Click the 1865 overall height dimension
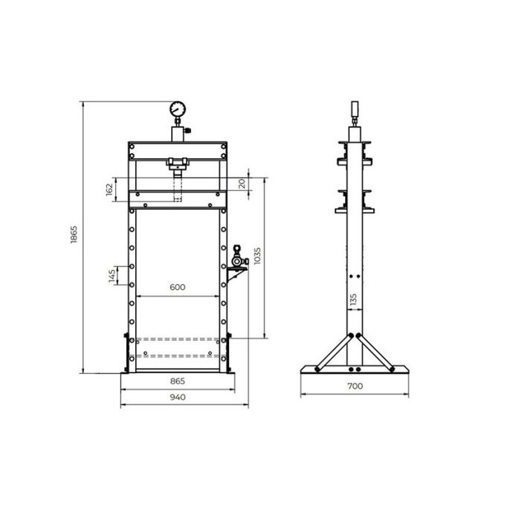[74, 234]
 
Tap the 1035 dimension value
[257, 256]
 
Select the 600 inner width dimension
[178, 287]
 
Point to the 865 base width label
[178, 381]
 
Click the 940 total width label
[178, 397]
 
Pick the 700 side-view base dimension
[355, 386]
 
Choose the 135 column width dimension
[353, 300]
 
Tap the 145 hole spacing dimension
[112, 276]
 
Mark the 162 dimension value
[109, 190]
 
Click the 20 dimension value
[242, 184]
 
